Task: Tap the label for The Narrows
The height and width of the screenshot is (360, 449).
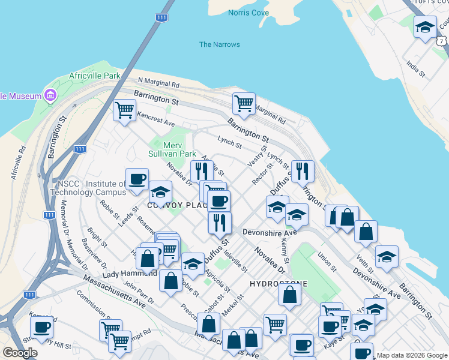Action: [x=219, y=44]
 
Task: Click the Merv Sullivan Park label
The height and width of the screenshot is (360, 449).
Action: [x=172, y=149]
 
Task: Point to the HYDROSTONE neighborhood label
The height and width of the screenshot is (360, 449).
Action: [x=279, y=283]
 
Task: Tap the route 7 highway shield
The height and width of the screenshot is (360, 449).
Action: [x=442, y=41]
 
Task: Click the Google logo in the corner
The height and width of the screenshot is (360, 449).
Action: [x=20, y=353]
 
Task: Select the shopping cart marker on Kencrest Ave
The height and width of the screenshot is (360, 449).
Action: [x=124, y=110]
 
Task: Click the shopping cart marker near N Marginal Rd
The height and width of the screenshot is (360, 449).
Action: [x=244, y=104]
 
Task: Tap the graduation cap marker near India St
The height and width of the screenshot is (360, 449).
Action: [x=425, y=27]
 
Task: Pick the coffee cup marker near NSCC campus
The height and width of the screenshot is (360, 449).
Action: [x=137, y=179]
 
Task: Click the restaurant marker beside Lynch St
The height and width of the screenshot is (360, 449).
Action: [x=302, y=171]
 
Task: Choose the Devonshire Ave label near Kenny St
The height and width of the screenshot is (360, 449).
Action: [x=270, y=232]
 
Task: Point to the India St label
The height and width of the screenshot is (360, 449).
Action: [x=415, y=68]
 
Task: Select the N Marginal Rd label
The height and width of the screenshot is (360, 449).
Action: [x=158, y=82]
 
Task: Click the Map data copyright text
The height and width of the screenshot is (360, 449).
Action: [x=412, y=355]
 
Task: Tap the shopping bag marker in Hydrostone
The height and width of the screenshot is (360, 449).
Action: [x=289, y=295]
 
